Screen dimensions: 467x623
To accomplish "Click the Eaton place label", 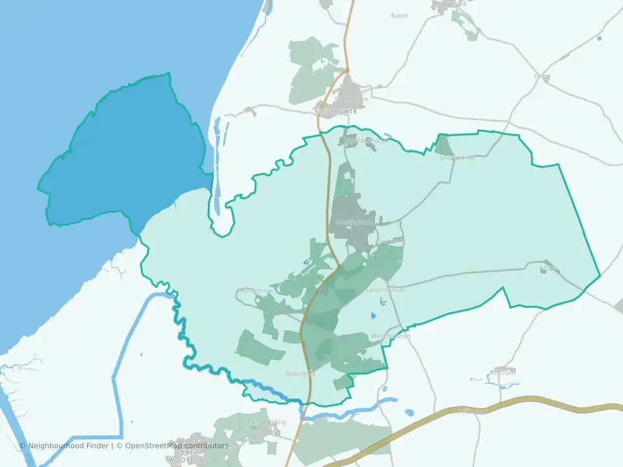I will [x=400, y=16].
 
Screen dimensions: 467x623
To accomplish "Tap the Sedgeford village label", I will [x=450, y=3].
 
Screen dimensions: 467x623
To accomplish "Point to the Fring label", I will [x=542, y=76].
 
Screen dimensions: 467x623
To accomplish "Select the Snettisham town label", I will [x=351, y=99].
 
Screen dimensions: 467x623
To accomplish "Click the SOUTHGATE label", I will [x=336, y=112].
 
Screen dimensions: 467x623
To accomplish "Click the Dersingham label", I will [x=355, y=222].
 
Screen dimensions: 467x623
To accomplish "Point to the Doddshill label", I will [x=391, y=242].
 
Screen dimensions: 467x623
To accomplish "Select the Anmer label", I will [x=549, y=267].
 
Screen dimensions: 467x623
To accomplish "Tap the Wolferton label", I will [x=254, y=291].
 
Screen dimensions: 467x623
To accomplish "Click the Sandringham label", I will [x=385, y=290].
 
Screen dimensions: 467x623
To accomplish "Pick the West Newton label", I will [x=390, y=337].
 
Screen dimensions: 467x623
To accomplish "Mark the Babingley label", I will [x=300, y=374].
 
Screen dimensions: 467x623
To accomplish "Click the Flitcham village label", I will [x=503, y=373].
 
